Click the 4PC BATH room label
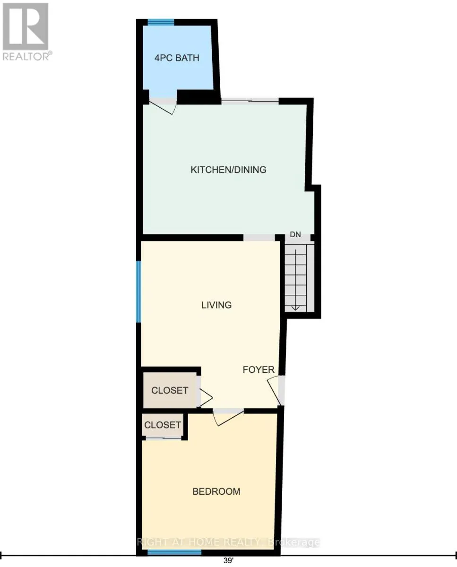pos(177,58)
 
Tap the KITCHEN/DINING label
pos(228,170)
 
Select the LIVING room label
pos(216,305)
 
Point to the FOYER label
pos(259,369)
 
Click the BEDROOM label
pos(216,491)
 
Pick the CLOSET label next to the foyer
pos(170,390)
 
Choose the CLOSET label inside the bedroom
pos(163,425)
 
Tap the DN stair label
pos(295,234)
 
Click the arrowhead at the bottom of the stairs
pos(295,308)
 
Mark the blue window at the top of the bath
pos(161,22)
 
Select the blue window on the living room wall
pos(138,292)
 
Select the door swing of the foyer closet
pos(206,397)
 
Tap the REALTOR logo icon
pos(26,26)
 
